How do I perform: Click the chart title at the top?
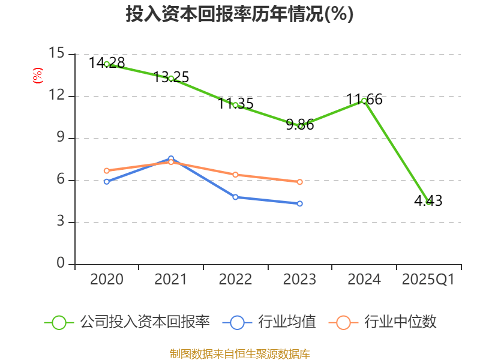pos(239,14)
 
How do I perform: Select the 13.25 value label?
pos(171,77)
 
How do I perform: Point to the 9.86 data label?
pos(300,125)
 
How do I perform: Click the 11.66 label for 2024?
pos(364,100)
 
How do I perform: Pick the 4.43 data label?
pos(428,201)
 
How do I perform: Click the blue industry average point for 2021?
pos(171,159)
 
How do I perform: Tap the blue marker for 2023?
pos(299,203)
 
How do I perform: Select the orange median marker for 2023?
pos(299,182)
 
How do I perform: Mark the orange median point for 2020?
pos(107,170)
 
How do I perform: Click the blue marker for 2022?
pos(235,197)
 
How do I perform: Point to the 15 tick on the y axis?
pos(57,54)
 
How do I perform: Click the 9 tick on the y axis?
pos(61,138)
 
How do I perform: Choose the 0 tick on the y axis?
pos(61,264)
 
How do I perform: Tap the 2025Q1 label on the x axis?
pos(428,280)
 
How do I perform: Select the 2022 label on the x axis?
pos(235,280)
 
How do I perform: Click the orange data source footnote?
pos(239,353)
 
